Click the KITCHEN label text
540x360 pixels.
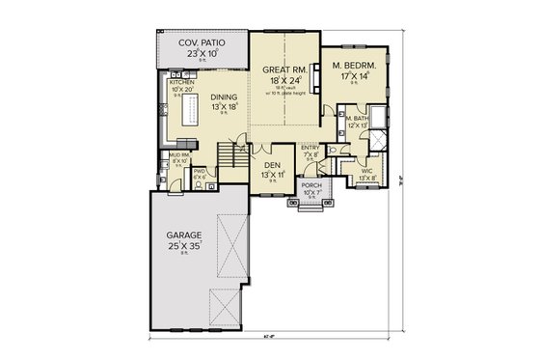(x=182, y=84)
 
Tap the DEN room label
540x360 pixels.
(x=273, y=164)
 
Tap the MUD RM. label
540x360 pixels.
(x=177, y=153)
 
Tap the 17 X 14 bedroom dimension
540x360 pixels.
(x=353, y=76)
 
